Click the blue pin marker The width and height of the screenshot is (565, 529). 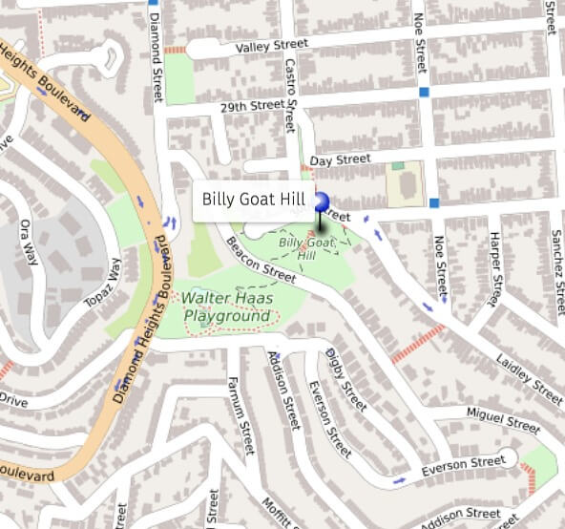tap(321, 201)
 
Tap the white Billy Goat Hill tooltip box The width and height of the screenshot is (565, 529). tap(253, 201)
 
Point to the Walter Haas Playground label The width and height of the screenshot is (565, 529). tap(228, 307)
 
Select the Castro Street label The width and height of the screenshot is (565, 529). tap(290, 95)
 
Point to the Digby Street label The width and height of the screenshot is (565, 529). tap(345, 379)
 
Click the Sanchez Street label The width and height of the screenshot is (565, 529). tap(555, 264)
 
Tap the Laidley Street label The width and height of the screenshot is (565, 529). tap(528, 377)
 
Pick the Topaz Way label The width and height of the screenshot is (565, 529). tap(107, 285)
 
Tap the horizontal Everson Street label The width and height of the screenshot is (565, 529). tap(464, 464)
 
